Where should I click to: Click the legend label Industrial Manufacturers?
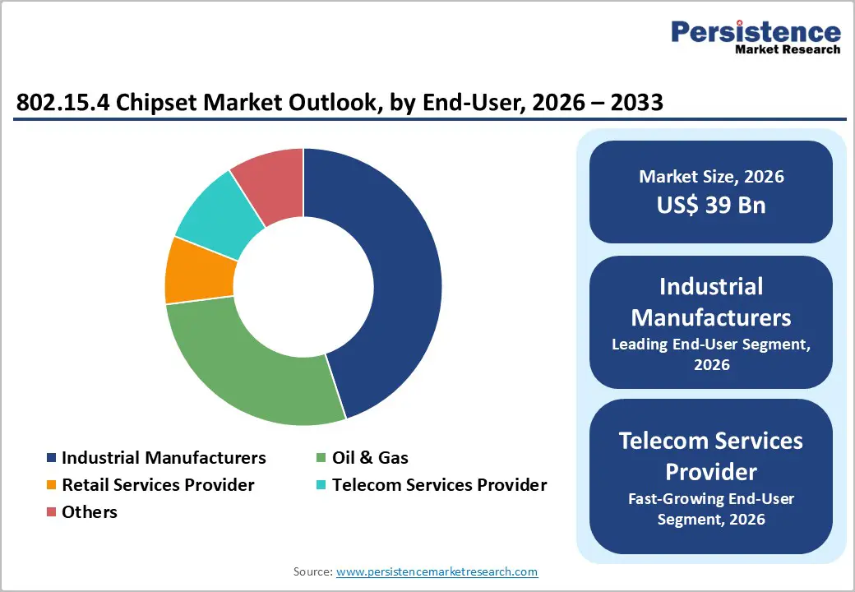click(x=164, y=458)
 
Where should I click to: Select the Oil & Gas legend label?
click(x=370, y=458)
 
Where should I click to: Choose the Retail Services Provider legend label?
click(x=158, y=485)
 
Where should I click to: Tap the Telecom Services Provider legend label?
click(x=440, y=485)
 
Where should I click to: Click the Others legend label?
click(x=90, y=512)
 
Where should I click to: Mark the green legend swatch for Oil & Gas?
click(x=322, y=458)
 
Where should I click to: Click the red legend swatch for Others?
click(x=52, y=512)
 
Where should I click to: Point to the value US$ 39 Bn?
click(x=711, y=206)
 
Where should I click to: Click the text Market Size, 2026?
click(x=711, y=177)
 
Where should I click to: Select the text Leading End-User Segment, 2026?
click(x=711, y=354)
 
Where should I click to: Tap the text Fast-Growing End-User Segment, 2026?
click(x=711, y=509)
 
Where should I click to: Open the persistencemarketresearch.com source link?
click(x=437, y=571)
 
